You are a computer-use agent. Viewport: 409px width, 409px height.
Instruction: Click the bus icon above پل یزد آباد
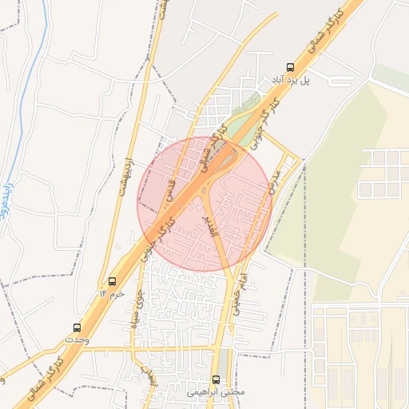click(288, 68)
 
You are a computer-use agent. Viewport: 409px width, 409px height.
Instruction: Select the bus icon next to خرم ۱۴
click(111, 282)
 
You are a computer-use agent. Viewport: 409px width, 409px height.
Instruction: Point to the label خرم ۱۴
click(113, 294)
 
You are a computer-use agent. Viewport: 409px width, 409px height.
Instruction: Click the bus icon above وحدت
click(77, 328)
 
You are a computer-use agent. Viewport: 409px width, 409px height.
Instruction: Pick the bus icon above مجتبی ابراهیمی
click(215, 379)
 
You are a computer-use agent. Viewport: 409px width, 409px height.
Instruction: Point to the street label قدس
click(169, 189)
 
